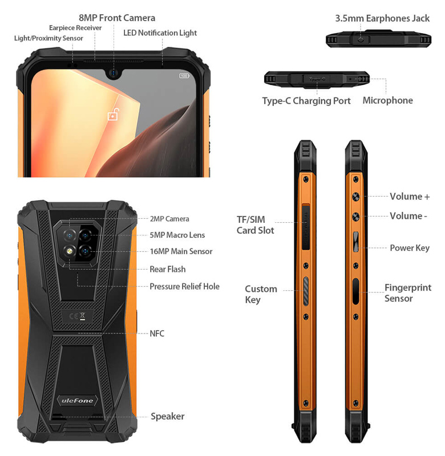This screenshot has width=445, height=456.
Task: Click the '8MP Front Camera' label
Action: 117,18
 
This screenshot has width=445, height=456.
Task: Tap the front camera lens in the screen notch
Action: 113,73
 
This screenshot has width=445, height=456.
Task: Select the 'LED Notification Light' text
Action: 160,33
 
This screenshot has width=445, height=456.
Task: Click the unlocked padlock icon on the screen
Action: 114,115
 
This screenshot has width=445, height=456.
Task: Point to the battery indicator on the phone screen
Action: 184,76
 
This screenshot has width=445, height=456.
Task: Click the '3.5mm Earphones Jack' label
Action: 382,18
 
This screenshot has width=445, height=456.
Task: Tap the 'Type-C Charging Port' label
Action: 306,101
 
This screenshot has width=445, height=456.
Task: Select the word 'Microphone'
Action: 388,100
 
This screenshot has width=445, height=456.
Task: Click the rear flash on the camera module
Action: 69,251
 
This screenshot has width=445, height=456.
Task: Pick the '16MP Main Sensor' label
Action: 181,251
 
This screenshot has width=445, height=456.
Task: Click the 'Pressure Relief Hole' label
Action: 184,287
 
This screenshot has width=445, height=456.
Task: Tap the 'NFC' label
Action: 157,333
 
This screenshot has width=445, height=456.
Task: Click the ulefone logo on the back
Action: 77,401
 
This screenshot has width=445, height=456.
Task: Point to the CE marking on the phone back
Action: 74,316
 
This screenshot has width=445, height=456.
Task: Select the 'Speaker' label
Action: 167,416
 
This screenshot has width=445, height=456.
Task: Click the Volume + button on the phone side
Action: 355,197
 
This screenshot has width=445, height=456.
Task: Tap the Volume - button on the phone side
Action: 355,217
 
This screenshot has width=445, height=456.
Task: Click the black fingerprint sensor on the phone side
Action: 355,291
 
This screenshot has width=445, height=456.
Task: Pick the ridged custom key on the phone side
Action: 306,291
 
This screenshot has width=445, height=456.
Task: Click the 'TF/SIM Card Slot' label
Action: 255,225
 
